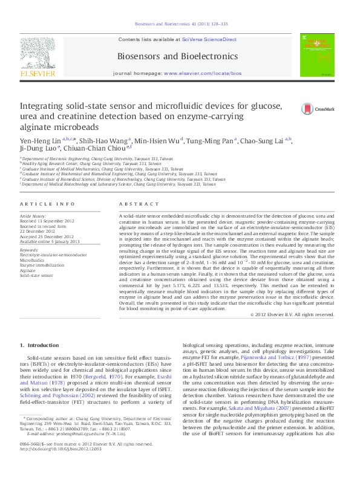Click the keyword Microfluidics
(32, 259)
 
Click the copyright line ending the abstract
(292, 315)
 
